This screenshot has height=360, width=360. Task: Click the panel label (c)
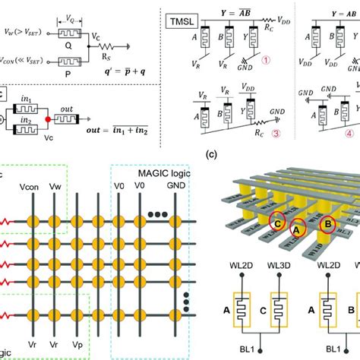[213, 155]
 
